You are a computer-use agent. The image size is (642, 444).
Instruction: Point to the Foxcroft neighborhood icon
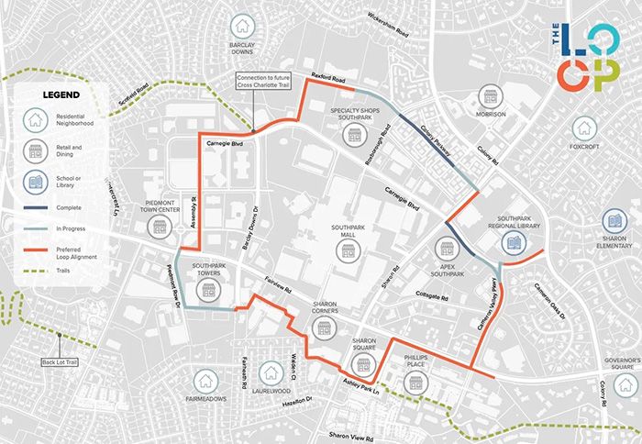point(583,129)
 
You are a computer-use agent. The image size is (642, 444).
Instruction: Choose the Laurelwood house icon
point(271,373)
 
